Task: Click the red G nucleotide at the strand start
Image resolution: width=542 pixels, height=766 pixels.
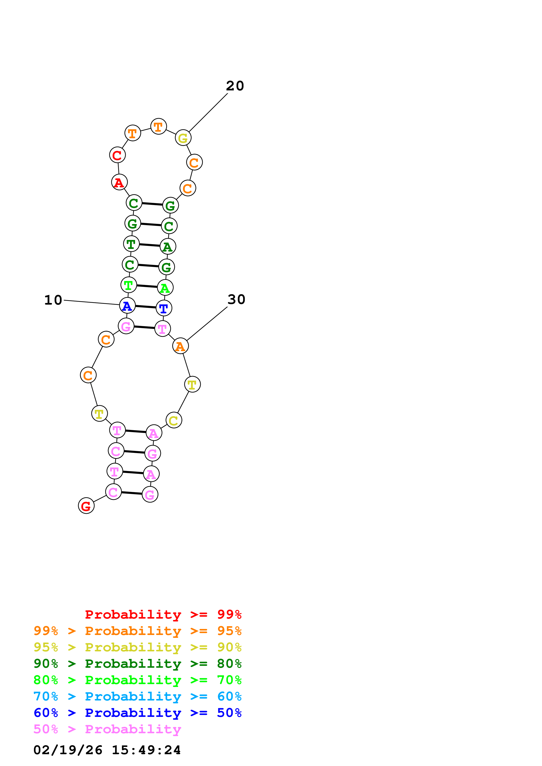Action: click(x=86, y=506)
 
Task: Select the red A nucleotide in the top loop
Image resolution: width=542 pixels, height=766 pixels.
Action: click(x=119, y=182)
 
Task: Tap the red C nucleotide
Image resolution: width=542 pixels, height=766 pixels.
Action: click(x=117, y=155)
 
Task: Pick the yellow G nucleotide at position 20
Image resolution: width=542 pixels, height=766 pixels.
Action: click(x=183, y=138)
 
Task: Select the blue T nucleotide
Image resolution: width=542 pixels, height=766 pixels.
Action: click(x=164, y=308)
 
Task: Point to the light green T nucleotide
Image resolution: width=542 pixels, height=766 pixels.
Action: click(x=129, y=285)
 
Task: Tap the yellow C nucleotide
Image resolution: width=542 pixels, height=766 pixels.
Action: click(x=174, y=420)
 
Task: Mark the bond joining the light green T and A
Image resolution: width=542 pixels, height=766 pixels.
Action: click(x=147, y=286)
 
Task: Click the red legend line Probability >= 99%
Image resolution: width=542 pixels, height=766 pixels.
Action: click(x=163, y=614)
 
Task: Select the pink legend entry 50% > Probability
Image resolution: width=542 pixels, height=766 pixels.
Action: click(x=107, y=729)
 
